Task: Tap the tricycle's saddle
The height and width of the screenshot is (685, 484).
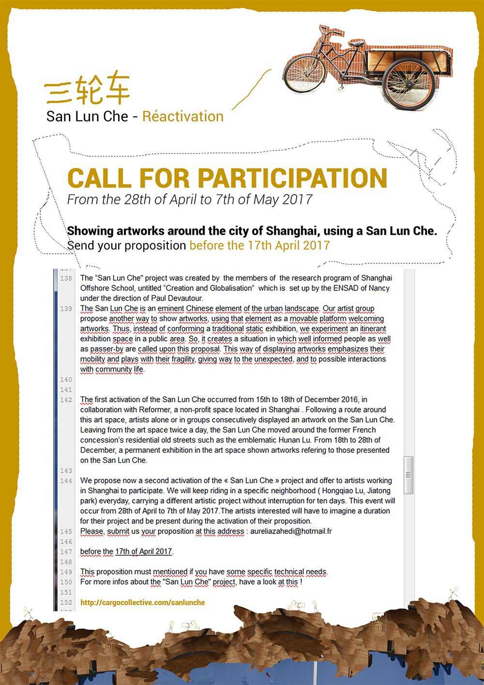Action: point(356,44)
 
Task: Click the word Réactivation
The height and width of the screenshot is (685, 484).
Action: point(183,117)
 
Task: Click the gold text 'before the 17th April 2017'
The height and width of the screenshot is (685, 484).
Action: point(259,245)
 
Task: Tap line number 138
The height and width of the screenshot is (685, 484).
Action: point(66,278)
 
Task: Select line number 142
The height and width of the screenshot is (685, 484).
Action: point(66,400)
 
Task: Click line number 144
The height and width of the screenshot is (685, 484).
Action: point(66,481)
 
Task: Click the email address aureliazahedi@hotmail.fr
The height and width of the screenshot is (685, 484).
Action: point(291,531)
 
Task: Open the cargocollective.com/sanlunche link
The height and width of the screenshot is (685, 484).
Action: point(142,603)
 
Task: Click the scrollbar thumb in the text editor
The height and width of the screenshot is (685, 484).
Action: point(408,475)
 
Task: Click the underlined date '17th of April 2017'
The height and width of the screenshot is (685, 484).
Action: point(143,551)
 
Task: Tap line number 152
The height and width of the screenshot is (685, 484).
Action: point(66,602)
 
